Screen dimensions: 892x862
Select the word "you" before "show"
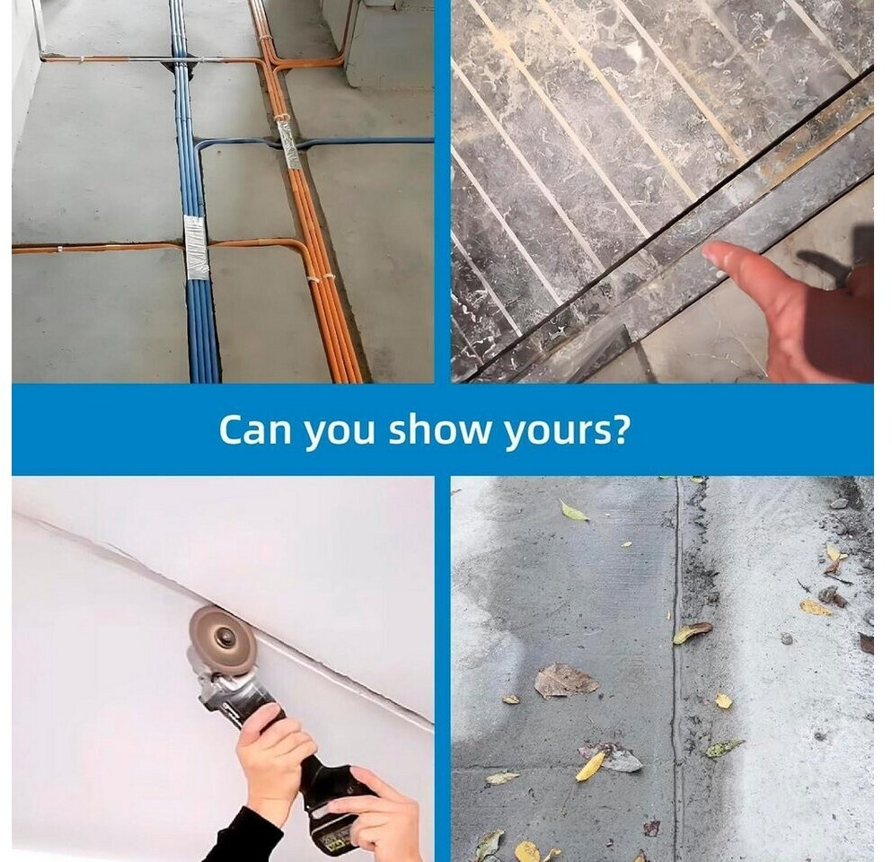point(340,434)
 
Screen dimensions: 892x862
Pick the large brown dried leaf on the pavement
point(566,681)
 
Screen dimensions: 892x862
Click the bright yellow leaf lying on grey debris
point(591,767)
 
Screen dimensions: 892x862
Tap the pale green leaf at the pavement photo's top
point(573,511)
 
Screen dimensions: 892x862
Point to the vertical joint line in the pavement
point(676,665)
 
